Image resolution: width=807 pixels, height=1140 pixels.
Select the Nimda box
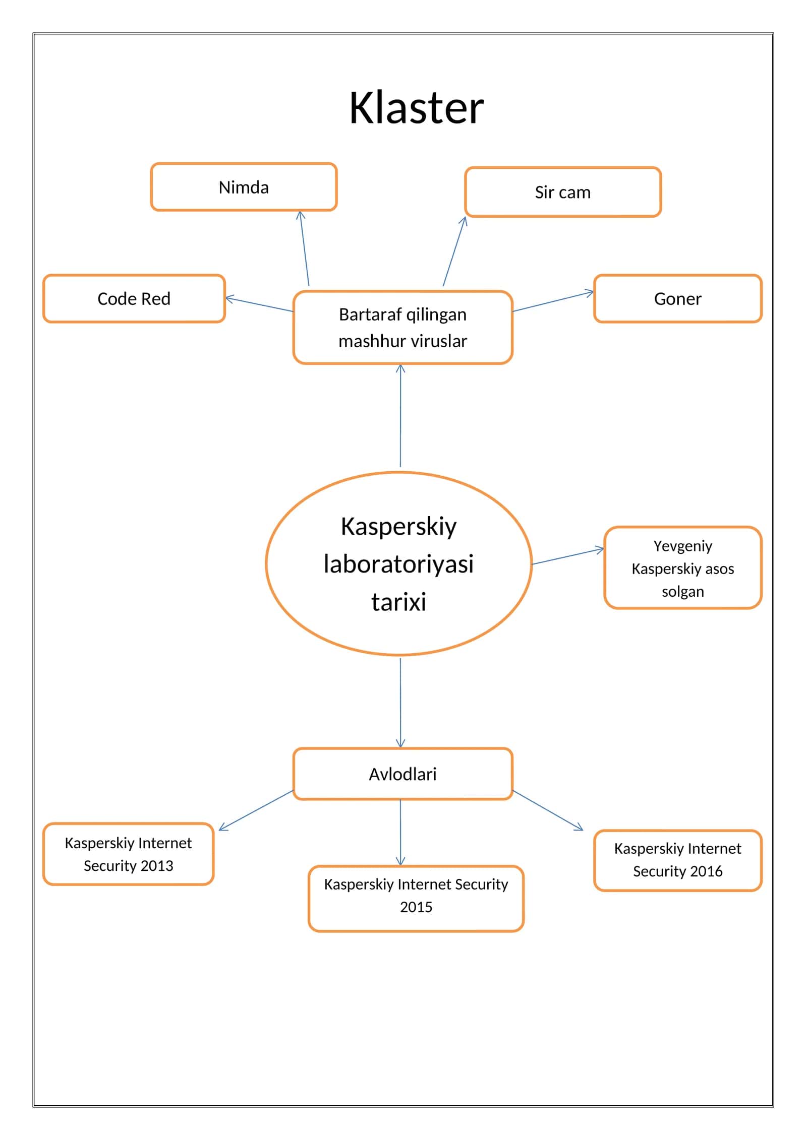pos(244,187)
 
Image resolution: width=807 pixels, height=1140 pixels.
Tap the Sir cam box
pos(563,192)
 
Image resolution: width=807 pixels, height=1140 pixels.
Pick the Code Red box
pos(134,298)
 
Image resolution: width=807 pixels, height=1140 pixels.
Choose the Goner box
pos(678,298)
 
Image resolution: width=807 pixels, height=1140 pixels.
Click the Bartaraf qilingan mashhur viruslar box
pos(402,328)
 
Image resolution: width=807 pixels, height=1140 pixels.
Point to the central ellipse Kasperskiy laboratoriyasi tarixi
pos(399,563)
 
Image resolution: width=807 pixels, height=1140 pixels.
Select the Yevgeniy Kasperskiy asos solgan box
pos(683,568)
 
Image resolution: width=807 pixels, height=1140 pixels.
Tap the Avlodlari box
pos(402,774)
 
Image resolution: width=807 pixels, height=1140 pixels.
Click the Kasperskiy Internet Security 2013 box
pos(129,854)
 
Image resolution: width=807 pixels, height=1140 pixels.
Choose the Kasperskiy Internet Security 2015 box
pos(416,899)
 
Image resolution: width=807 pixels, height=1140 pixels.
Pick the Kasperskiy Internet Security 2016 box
pos(678,860)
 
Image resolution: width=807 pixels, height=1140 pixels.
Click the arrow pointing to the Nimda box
pos(304,248)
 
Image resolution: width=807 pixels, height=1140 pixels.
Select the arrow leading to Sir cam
pos(454,251)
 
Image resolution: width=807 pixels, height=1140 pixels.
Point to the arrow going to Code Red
pos(259,304)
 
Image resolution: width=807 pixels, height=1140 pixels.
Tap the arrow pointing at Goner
pos(553,301)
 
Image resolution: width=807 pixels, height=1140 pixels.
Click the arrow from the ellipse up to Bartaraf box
pos(400,415)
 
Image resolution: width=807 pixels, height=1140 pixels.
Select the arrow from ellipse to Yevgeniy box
pos(568,556)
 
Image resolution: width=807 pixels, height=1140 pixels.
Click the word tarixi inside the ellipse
pos(399,601)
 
